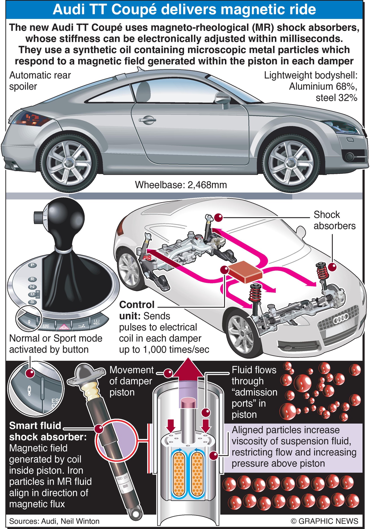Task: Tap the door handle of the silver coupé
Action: coord(148,120)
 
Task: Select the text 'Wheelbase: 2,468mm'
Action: coord(181,185)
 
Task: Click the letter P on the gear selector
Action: coord(33,265)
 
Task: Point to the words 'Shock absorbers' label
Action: coord(334,220)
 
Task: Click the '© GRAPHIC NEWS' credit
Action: coord(324,521)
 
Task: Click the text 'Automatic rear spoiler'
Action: coord(40,81)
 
